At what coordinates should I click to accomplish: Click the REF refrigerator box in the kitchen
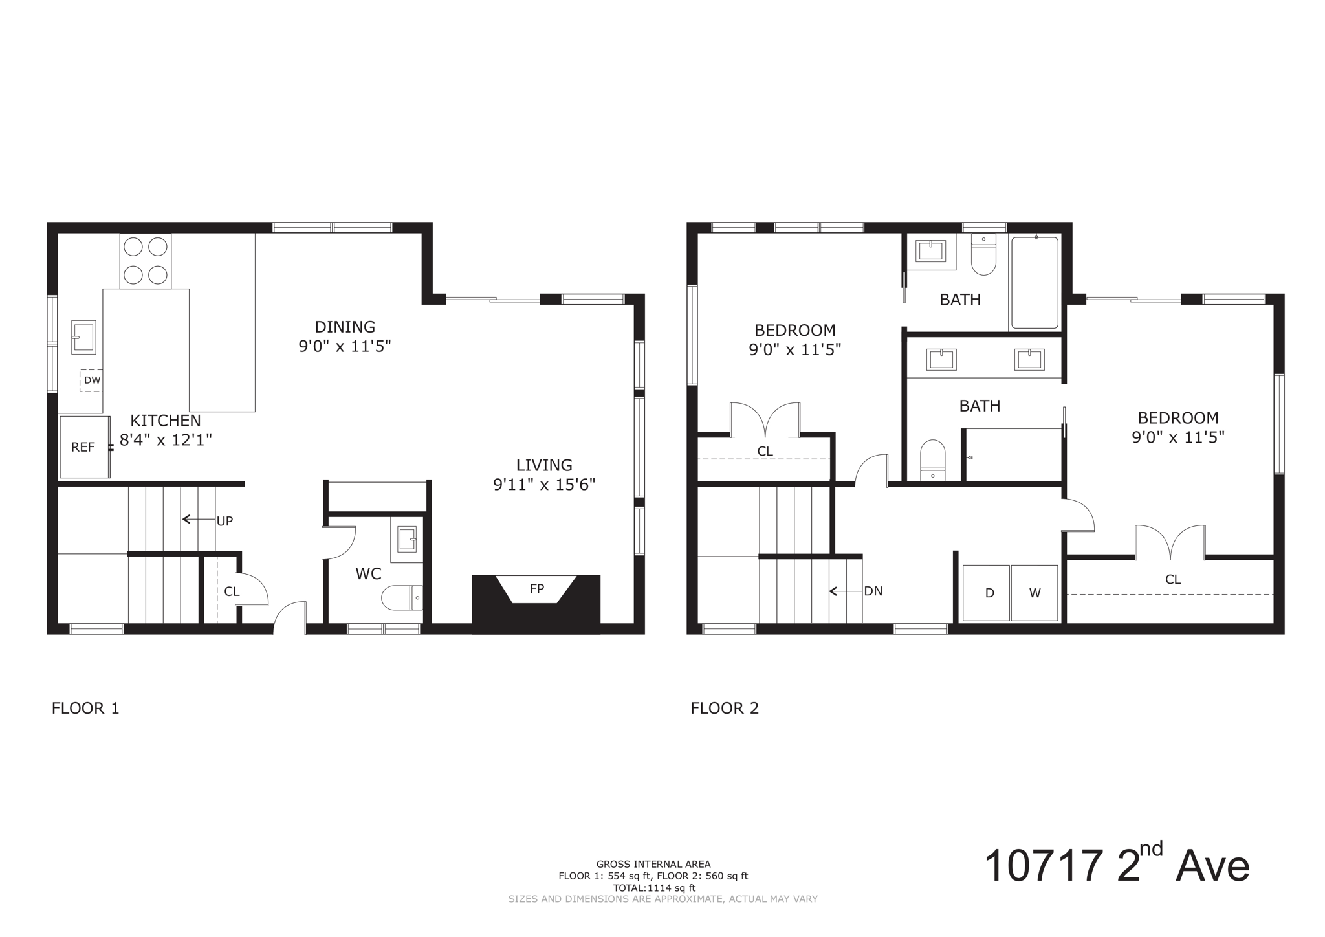[x=84, y=447]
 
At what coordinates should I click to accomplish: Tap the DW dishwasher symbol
[x=91, y=380]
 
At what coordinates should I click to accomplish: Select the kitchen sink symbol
[x=83, y=337]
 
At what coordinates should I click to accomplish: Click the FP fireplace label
[x=536, y=589]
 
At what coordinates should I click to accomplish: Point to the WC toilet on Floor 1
[x=401, y=598]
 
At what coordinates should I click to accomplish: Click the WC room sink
[x=407, y=539]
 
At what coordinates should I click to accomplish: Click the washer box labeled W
[x=1035, y=593]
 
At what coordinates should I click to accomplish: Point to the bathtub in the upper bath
[x=1035, y=283]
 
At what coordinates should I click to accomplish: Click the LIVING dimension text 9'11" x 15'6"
[x=544, y=485]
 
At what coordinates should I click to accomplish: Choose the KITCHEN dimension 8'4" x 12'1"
[x=166, y=440]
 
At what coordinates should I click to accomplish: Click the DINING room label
[x=345, y=327]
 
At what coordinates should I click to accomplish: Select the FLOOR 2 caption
[x=725, y=708]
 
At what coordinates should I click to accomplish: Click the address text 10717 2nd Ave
[x=1116, y=866]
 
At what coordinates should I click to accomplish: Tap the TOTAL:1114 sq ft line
[x=654, y=888]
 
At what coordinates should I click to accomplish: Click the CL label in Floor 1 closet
[x=232, y=591]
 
